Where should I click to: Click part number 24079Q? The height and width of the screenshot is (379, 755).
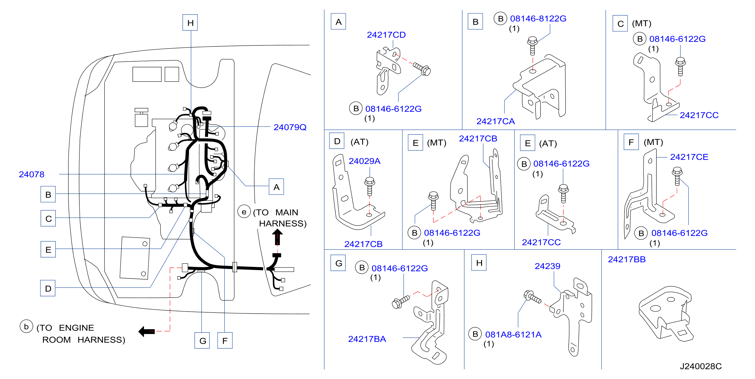pyautogui.click(x=290, y=127)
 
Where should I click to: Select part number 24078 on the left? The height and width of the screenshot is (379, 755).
pyautogui.click(x=32, y=174)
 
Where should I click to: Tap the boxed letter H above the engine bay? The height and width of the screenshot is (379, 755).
pyautogui.click(x=190, y=22)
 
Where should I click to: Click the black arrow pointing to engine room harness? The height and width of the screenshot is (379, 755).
pyautogui.click(x=147, y=331)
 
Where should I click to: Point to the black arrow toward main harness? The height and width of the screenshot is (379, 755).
pyautogui.click(x=277, y=237)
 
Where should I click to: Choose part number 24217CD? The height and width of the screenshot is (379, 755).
pyautogui.click(x=386, y=35)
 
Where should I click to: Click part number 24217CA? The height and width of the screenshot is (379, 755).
pyautogui.click(x=496, y=121)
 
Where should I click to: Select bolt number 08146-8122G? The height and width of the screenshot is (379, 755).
pyautogui.click(x=538, y=18)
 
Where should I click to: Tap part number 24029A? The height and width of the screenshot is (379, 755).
pyautogui.click(x=364, y=161)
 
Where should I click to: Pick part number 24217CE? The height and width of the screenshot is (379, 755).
pyautogui.click(x=689, y=157)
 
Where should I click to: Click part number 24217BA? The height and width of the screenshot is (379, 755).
pyautogui.click(x=367, y=339)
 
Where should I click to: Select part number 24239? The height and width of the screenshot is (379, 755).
pyautogui.click(x=547, y=266)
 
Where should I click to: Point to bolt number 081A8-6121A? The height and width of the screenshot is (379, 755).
pyautogui.click(x=514, y=334)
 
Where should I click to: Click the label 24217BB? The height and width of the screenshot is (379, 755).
pyautogui.click(x=627, y=259)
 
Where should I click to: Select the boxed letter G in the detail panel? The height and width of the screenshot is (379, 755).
pyautogui.click(x=338, y=263)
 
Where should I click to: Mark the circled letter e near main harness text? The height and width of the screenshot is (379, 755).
pyautogui.click(x=244, y=212)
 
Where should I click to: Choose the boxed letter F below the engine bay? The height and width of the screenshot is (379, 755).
pyautogui.click(x=225, y=341)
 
